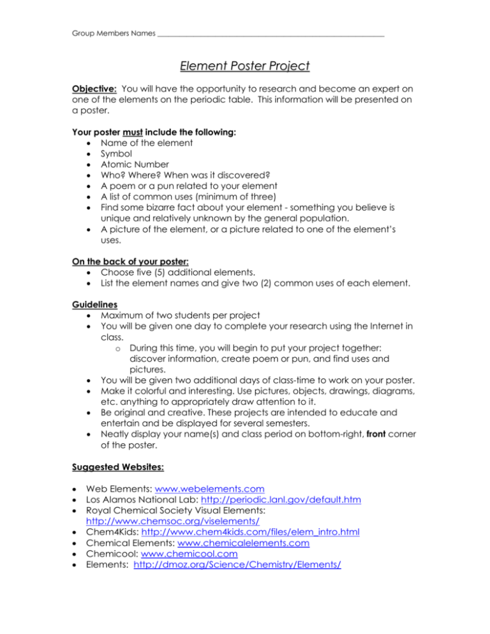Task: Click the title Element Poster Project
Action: coord(245,65)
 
